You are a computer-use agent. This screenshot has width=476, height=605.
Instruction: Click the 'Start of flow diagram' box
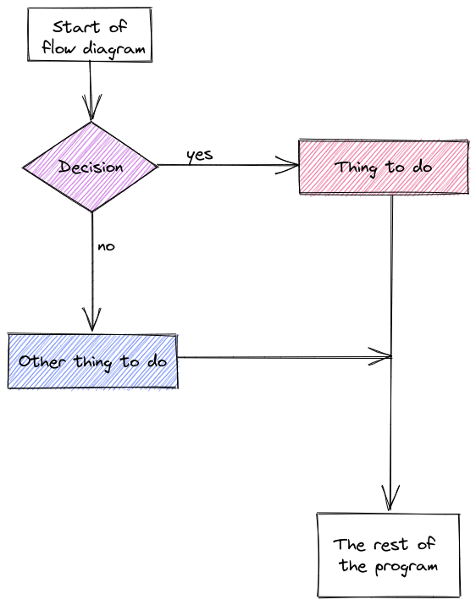click(90, 35)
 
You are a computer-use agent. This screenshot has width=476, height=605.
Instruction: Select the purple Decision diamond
click(91, 167)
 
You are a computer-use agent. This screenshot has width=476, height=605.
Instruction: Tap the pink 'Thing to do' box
click(384, 167)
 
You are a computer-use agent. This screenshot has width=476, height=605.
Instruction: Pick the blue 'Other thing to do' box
click(92, 361)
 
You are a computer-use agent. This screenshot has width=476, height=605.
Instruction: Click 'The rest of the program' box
click(388, 555)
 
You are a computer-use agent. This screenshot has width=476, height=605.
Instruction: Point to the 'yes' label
click(200, 155)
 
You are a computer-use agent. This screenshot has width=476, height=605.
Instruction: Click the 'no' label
click(106, 246)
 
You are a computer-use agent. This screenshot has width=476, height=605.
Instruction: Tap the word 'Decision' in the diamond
click(91, 167)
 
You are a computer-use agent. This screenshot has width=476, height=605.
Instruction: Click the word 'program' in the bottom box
click(407, 567)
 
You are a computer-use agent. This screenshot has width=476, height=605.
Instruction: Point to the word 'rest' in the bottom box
click(390, 544)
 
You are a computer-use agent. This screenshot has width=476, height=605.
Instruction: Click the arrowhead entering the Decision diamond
click(91, 107)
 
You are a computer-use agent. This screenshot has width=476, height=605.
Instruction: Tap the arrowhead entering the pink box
click(286, 166)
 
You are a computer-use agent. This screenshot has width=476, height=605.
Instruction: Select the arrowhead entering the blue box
click(92, 319)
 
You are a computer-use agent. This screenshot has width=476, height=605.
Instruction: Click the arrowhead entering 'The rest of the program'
click(390, 498)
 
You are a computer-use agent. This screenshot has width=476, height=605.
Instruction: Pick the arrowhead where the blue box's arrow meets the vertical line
click(380, 356)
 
